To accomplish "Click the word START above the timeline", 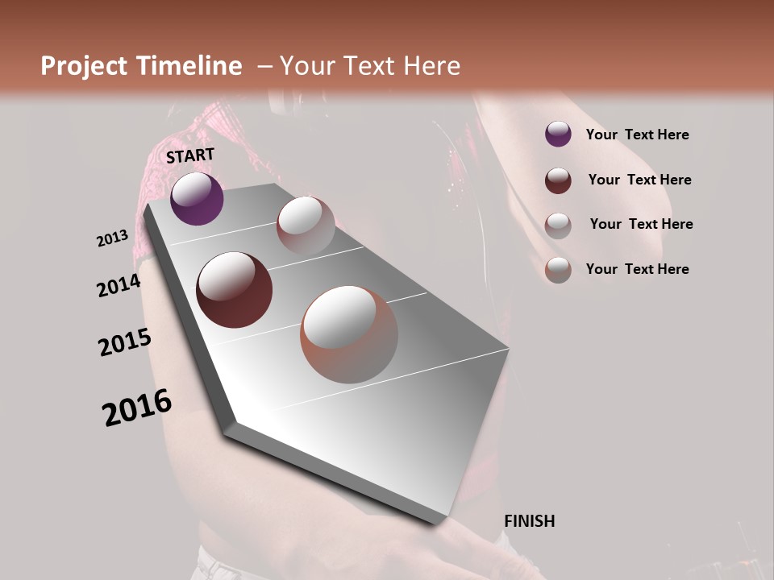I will coord(190,155).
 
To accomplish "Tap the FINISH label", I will coord(529,521).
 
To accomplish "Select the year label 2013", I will coord(112,238).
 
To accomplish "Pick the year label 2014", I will coord(119,286).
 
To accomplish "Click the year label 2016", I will coord(137,408).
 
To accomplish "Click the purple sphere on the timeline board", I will coord(197,199).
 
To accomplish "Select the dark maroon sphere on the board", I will coord(235,290).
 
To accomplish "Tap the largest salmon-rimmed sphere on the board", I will coord(349,334).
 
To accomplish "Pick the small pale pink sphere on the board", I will coord(306,226).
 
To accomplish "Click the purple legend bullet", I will coord(558,135).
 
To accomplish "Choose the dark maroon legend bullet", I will coord(558,180).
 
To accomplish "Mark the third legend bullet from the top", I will coord(558,225).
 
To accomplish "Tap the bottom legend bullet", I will coord(558,269).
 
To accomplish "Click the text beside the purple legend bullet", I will coord(637,135).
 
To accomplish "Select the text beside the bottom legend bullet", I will coord(637,269).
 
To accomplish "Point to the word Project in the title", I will coord(83,66).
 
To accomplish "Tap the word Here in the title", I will coord(431,66).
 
